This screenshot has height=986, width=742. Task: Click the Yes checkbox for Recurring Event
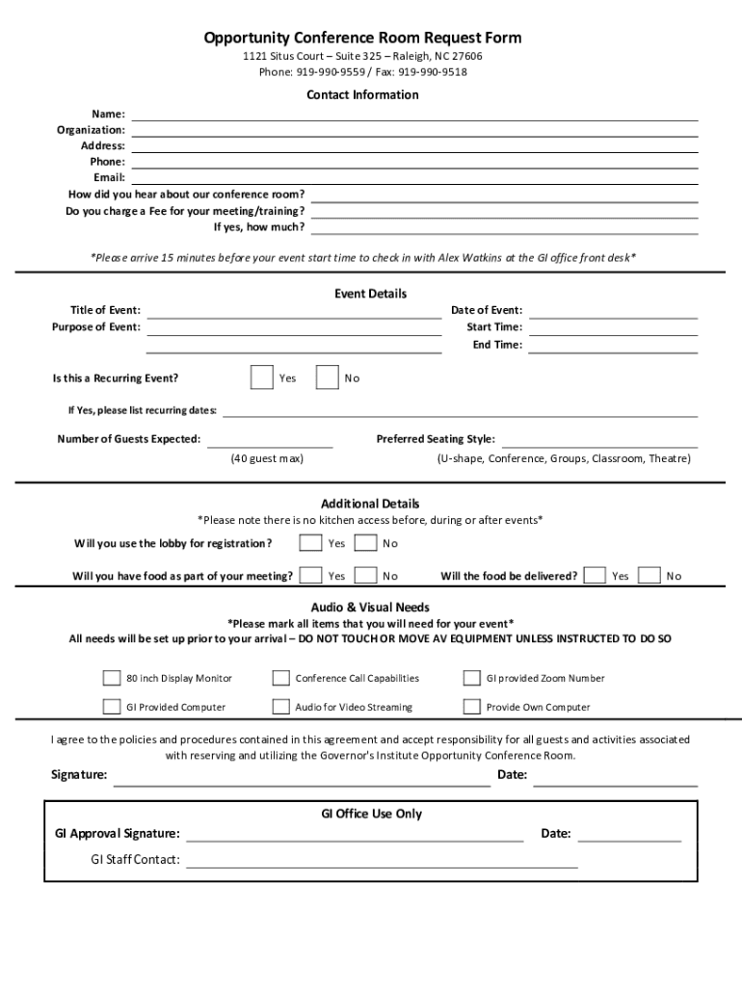261,377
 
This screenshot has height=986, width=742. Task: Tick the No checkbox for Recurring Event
328,377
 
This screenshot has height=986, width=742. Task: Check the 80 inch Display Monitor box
112,678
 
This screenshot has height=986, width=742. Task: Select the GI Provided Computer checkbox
112,707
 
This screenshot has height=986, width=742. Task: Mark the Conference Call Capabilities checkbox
280,678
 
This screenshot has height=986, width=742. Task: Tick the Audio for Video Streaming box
280,707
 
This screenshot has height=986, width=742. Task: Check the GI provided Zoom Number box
471,678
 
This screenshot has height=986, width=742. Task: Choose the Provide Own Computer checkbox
471,707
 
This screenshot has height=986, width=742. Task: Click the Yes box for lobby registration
310,543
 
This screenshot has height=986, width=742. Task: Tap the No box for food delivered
649,576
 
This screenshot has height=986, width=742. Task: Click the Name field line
414,115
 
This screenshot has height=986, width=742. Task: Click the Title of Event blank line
294,311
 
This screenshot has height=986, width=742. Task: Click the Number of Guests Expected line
270,441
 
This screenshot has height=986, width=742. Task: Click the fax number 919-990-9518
433,72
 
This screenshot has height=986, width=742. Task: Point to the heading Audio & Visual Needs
370,608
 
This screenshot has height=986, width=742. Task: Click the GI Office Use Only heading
371,814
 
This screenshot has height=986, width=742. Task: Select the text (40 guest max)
267,458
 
